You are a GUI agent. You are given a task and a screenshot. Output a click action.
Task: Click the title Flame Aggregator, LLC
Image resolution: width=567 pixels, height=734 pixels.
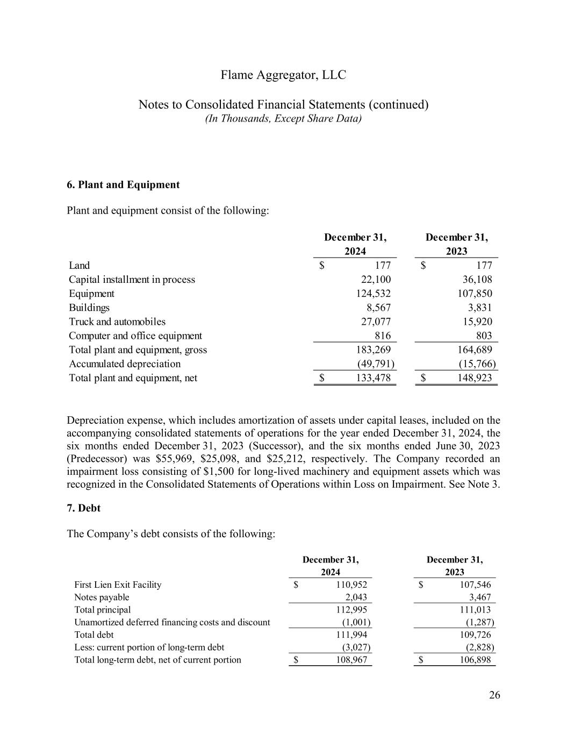pos(283,75)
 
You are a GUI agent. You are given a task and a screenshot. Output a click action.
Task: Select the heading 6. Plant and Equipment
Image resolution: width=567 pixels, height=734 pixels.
pos(123,185)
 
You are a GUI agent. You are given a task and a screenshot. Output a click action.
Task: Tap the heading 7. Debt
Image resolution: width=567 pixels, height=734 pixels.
pos(83,508)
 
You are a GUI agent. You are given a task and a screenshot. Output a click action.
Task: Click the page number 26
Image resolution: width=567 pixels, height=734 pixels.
pos(494,695)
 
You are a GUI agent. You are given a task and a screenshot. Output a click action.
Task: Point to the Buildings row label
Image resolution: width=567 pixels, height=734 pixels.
pos(89,308)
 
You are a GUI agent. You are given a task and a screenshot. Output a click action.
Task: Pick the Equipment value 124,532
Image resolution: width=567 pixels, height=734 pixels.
pos(374,294)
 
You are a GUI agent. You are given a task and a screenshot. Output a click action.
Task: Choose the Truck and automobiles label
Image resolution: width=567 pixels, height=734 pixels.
pos(117,322)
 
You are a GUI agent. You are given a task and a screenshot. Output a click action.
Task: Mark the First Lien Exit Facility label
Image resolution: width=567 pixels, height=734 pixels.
pos(118,585)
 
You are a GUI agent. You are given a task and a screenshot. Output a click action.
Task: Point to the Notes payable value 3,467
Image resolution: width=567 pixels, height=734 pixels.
pos(479,597)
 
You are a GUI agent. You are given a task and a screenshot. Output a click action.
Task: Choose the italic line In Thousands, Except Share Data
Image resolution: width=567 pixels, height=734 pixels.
pos(283,118)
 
